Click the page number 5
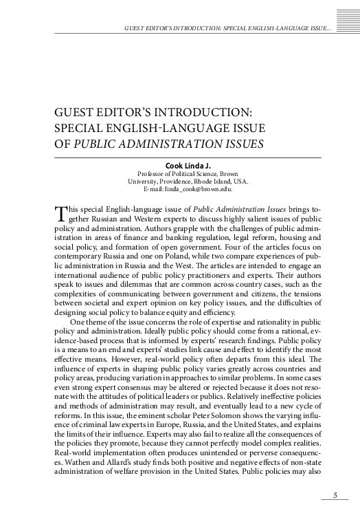click(x=335, y=494)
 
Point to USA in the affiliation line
click(x=241, y=182)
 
